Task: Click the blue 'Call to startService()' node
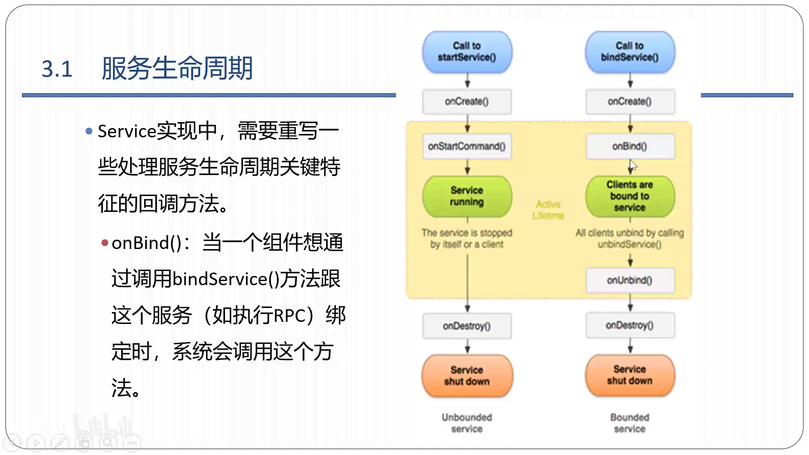(x=467, y=52)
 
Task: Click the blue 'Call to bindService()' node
(x=630, y=52)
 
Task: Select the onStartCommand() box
(x=467, y=146)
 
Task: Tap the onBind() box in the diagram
(x=630, y=146)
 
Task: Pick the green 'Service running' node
(x=467, y=196)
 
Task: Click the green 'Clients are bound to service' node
(x=630, y=196)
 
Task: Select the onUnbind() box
(x=630, y=280)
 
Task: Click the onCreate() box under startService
(x=467, y=102)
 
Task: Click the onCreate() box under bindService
(x=630, y=102)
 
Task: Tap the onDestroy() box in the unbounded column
(x=467, y=326)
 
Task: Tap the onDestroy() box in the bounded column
(x=630, y=325)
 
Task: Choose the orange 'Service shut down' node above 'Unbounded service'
(x=467, y=376)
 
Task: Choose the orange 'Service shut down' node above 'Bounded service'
(x=630, y=375)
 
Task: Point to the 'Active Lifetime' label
(x=548, y=210)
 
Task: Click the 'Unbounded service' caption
(x=467, y=423)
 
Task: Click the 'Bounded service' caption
(x=630, y=423)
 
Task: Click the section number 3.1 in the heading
(x=57, y=69)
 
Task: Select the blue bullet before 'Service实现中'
(x=89, y=131)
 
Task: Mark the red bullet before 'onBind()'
(x=105, y=243)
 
